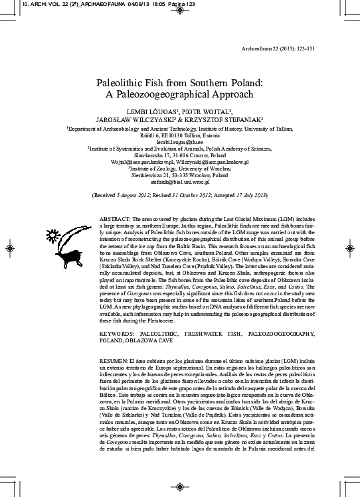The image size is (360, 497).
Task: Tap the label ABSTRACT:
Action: click(x=115, y=218)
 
